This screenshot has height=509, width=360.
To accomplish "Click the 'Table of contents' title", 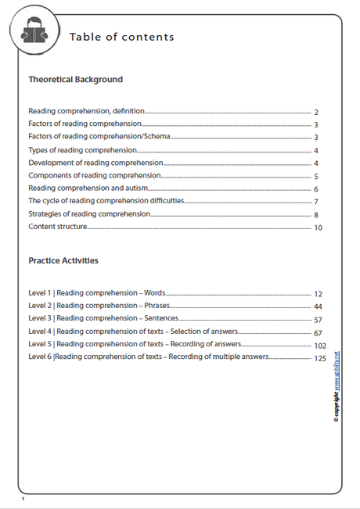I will [x=121, y=37].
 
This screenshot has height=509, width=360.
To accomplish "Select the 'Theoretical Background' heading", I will [x=75, y=80].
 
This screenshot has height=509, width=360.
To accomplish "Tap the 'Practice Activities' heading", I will [x=63, y=260].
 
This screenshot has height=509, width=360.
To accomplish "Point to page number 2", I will [x=315, y=113].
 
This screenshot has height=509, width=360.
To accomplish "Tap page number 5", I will [x=315, y=177].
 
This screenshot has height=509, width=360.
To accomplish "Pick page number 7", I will [x=315, y=203].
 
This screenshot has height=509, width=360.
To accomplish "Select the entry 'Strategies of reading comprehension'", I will [x=89, y=214].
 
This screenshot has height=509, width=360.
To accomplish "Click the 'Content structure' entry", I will [x=57, y=227].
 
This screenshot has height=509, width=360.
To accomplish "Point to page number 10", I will [x=318, y=228].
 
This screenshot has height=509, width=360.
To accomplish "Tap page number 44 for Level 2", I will [x=318, y=306].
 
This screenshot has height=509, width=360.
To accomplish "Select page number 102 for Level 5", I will [x=319, y=345].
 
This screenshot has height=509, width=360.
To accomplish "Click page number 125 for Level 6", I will [x=319, y=358].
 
